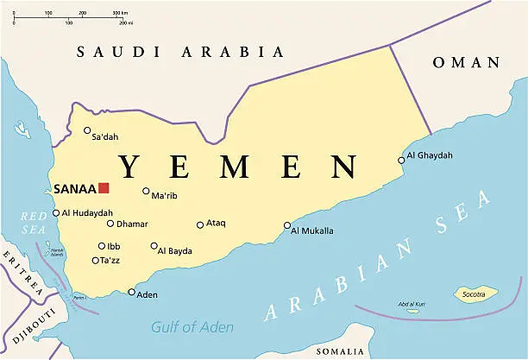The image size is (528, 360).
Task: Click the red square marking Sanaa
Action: [104, 188]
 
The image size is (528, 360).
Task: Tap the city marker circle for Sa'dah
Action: [87, 130]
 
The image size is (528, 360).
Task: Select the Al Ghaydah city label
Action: [429, 156]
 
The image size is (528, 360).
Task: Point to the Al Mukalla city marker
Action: [287, 225]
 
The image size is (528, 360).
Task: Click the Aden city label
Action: [148, 295]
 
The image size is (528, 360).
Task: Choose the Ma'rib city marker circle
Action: [146, 191]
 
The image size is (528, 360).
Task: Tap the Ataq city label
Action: [216, 224]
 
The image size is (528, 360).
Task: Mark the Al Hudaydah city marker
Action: [56, 212]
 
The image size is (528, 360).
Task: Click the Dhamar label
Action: [132, 224]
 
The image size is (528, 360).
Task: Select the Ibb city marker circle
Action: [101, 246]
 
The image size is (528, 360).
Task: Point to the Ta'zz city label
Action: [110, 260]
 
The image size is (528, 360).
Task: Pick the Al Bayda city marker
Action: [154, 246]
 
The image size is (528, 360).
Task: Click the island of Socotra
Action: [475, 294]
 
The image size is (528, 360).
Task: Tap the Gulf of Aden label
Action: [192, 326]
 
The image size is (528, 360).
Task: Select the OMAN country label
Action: [466, 62]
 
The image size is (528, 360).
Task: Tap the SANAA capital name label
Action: [74, 189]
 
